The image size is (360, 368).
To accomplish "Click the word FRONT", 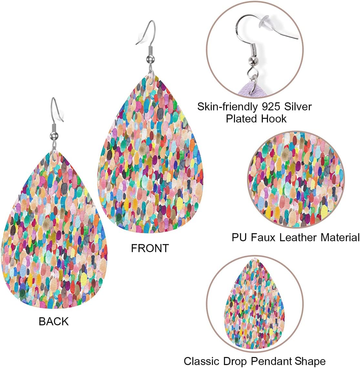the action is point(150,248).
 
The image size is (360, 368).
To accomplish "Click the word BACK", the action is point(54,321).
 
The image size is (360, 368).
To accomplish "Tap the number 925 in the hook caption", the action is point(271,107).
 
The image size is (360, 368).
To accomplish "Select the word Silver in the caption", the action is point(298,107).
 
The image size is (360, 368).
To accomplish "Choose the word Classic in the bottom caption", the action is point(202,361).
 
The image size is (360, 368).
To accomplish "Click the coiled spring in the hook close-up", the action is point(253,51).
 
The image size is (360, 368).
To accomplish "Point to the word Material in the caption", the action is point(340,237).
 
